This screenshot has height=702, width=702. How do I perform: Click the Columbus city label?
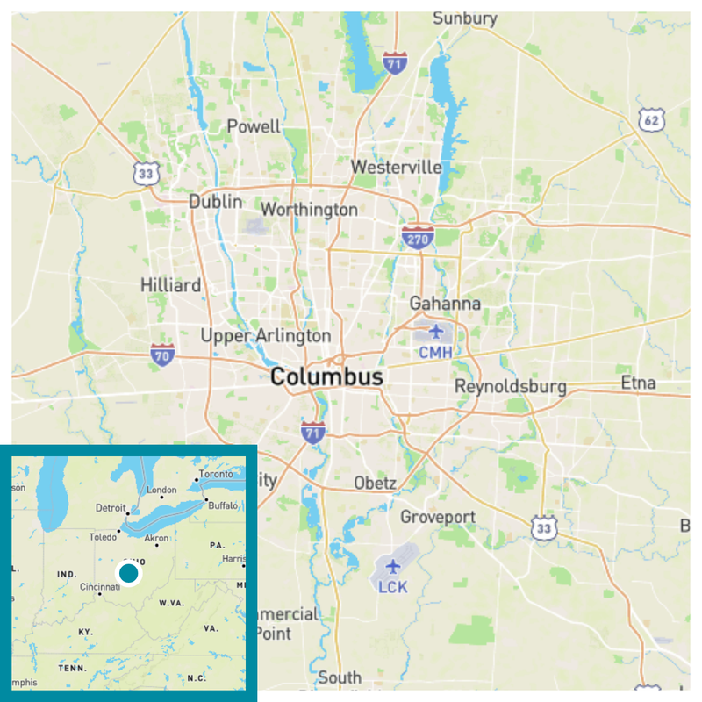point(326,377)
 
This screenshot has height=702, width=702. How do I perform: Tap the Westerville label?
point(396,167)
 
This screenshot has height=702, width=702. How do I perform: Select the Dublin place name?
point(216,202)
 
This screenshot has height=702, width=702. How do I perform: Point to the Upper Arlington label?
point(266,335)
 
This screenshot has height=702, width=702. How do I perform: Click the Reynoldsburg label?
point(510,387)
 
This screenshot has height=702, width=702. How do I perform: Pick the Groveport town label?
point(438,517)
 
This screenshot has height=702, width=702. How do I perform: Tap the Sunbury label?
point(465,18)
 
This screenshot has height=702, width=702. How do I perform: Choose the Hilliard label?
point(170,285)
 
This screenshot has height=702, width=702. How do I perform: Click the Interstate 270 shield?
point(418,237)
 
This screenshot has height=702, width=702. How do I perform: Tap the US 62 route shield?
point(649,120)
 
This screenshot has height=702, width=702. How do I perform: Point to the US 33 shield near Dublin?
point(147,173)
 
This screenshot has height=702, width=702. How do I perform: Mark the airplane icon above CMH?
point(435,332)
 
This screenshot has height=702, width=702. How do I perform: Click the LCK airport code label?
point(392,586)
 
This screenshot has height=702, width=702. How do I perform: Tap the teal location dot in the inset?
point(129,574)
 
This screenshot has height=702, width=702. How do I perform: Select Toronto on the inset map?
point(217,474)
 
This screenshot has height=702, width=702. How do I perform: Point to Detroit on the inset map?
point(111,508)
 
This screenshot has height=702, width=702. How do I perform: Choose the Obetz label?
point(375,484)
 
